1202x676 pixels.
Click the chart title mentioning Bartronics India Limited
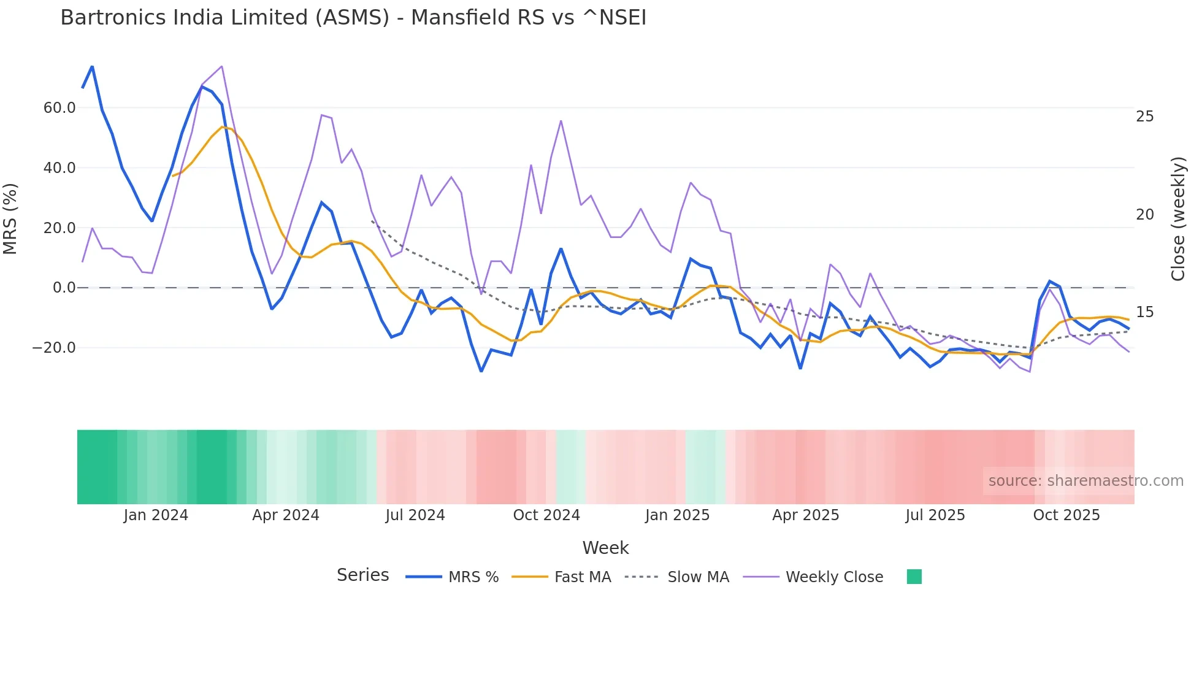point(353,17)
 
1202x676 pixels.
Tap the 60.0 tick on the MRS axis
point(59,108)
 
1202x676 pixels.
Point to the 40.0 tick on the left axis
point(59,168)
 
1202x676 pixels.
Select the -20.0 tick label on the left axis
point(54,348)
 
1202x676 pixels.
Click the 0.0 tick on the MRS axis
point(64,288)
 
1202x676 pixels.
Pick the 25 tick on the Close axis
point(1144,117)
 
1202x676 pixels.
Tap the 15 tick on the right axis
point(1144,312)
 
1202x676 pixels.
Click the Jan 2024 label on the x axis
point(156,515)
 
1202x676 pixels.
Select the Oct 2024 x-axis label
point(546,515)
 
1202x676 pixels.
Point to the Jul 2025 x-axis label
point(935,515)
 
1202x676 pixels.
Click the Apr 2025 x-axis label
point(805,515)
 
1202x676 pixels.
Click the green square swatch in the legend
point(914,577)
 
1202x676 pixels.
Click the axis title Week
point(605,548)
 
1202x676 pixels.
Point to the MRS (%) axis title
point(10,218)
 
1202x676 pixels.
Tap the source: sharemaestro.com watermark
point(1085,481)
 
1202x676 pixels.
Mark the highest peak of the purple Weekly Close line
point(221,66)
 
